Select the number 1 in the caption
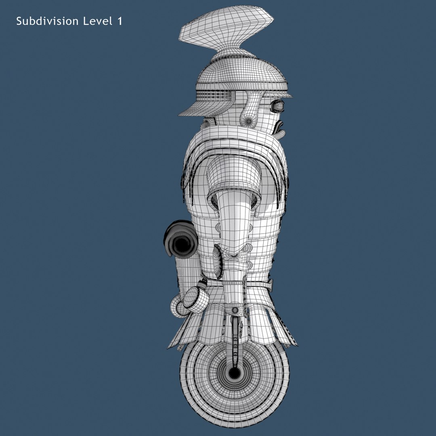click(x=119, y=21)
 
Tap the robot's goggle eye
click(x=279, y=106)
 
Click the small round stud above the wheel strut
click(x=235, y=310)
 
